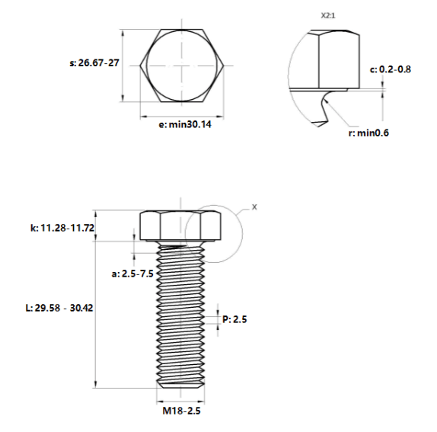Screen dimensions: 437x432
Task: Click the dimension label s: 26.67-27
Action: coord(94,62)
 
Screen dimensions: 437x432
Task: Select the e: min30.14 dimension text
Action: coord(185,124)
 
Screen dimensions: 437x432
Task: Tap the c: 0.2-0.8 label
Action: coord(390,69)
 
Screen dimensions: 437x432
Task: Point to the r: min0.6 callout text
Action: coord(368,133)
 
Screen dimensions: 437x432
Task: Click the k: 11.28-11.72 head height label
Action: coord(62,228)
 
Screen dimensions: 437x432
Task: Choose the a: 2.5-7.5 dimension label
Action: coord(132,274)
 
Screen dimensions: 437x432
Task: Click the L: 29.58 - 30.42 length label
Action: coord(59,308)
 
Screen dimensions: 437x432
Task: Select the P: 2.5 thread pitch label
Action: coord(234,319)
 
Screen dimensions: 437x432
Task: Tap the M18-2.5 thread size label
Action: coord(181,411)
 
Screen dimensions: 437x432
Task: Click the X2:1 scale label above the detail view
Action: coord(328,15)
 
